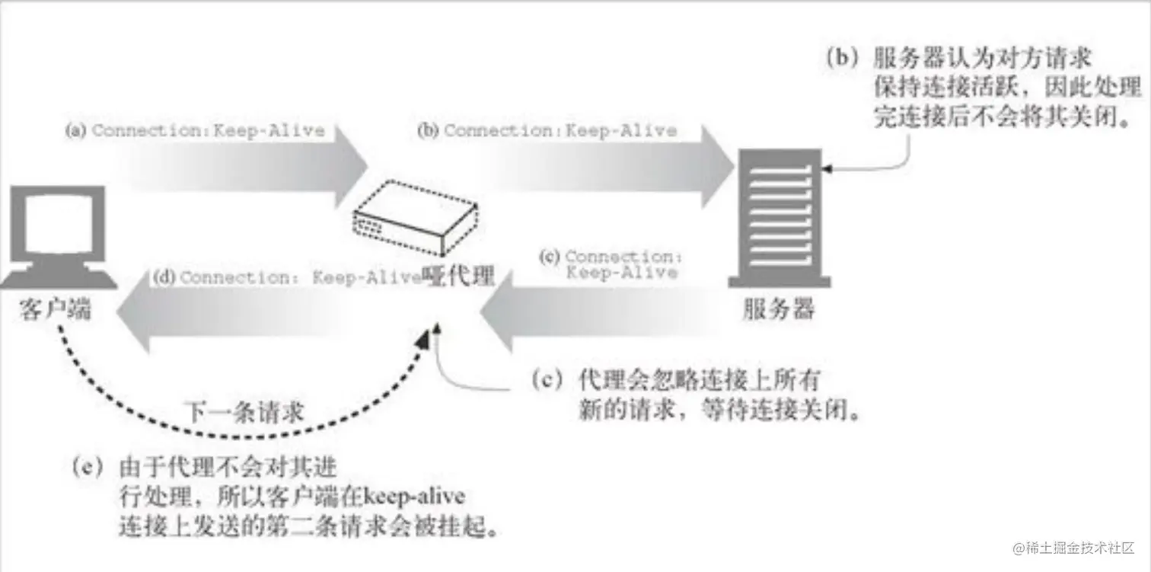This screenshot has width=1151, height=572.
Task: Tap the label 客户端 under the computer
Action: pyautogui.click(x=56, y=311)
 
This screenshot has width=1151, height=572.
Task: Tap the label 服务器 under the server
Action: pyautogui.click(x=779, y=309)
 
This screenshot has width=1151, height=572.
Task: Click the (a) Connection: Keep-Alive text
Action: pyautogui.click(x=195, y=130)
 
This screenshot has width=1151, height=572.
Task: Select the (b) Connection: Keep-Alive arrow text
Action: pyautogui.click(x=547, y=130)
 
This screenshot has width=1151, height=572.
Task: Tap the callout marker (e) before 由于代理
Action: pyautogui.click(x=92, y=465)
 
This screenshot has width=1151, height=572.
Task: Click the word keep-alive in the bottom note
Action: pyautogui.click(x=415, y=497)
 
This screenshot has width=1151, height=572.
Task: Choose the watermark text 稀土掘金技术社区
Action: pyautogui.click(x=1081, y=548)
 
